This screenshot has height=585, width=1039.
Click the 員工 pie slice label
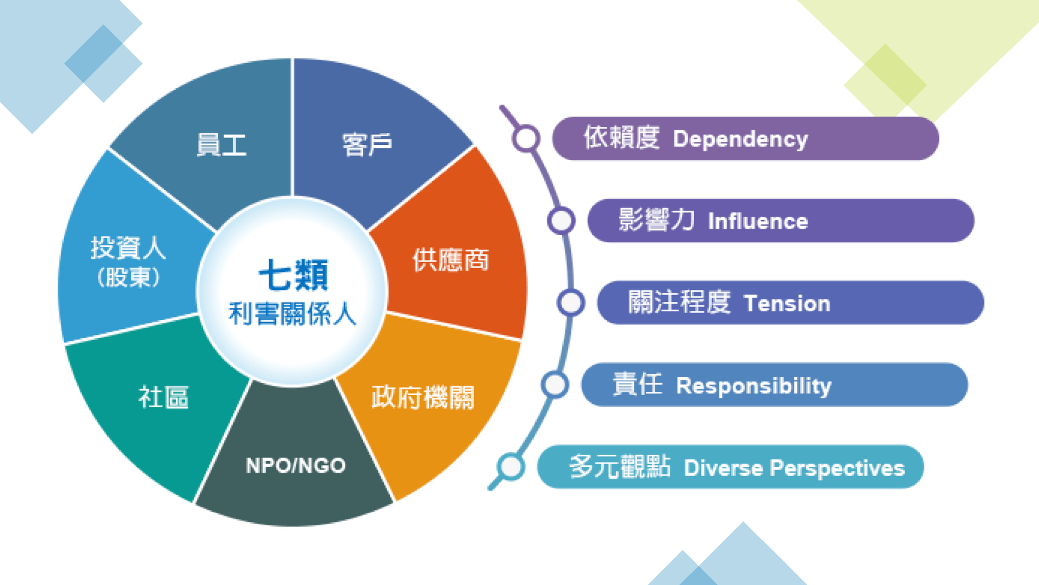[221, 145]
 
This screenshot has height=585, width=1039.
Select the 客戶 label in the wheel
[367, 145]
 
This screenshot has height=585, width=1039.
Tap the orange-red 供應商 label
[451, 260]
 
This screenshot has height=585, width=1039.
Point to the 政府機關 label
[423, 397]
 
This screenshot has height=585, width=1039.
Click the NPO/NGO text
[296, 466]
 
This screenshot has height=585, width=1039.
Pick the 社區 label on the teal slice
[164, 397]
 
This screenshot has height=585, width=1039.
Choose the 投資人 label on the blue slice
[128, 248]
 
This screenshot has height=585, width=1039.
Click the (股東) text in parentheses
[129, 277]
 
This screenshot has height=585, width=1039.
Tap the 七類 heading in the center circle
[293, 275]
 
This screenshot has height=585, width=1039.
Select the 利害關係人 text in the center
[293, 314]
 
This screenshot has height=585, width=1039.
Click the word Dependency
[740, 140]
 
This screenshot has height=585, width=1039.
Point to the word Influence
[758, 222]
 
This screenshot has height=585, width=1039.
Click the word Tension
[787, 304]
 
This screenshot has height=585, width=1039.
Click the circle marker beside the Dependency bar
[526, 138]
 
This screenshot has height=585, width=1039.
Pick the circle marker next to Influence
[561, 221]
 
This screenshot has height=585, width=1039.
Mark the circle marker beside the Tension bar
[571, 303]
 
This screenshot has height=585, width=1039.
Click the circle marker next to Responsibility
[555, 385]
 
